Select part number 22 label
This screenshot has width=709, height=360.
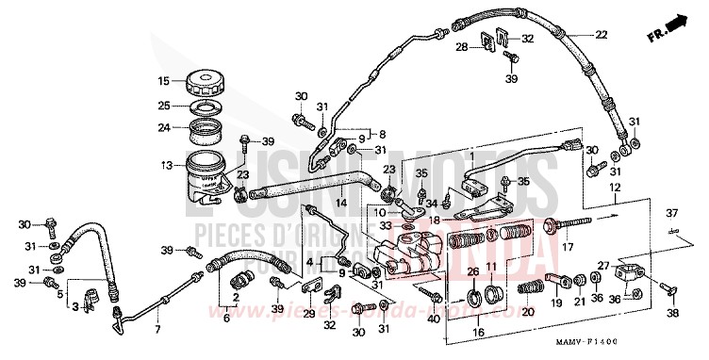point(600,35)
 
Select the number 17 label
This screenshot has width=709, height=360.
point(569,248)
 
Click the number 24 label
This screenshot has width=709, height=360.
point(164,128)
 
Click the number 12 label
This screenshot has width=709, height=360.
point(615,188)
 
